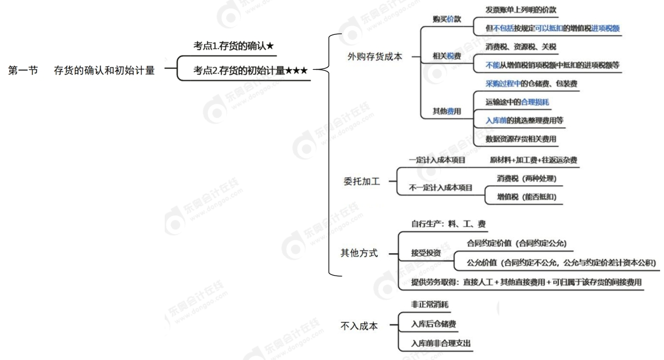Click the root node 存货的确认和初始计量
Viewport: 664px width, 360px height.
(x=104, y=71)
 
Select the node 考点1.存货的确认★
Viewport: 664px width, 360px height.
(x=233, y=47)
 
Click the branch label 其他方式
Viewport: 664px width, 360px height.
(x=359, y=253)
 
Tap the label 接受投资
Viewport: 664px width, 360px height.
(x=426, y=254)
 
